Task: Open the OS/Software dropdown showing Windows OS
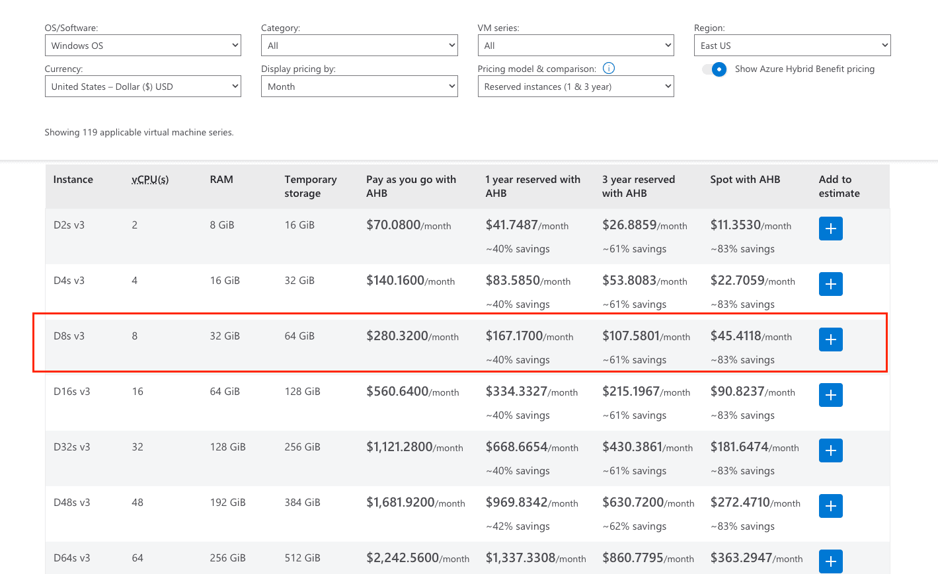(143, 45)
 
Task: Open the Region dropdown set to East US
(793, 45)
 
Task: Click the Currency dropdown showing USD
(143, 86)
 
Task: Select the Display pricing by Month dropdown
(360, 86)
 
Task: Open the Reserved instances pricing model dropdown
(576, 86)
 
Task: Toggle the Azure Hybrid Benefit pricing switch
(715, 69)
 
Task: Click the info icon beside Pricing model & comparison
(608, 68)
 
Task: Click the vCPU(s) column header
(150, 180)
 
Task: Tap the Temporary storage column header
(310, 186)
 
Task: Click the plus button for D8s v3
(831, 340)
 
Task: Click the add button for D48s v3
(831, 506)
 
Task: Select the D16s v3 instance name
(71, 391)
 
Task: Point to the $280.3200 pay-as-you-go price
(397, 336)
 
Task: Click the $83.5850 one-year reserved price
(512, 280)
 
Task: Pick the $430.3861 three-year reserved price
(632, 447)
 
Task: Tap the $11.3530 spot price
(735, 225)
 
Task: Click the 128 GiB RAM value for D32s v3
(227, 447)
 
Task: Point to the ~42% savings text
(518, 526)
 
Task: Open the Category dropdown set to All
(360, 45)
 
